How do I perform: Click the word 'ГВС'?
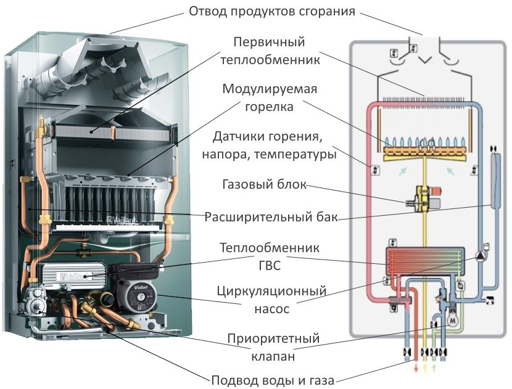click(x=269, y=265)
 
